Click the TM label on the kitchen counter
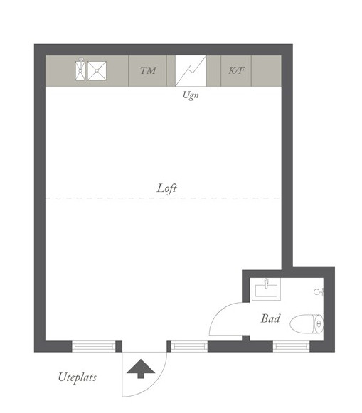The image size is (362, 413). point(148,70)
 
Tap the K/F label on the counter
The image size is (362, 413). point(236,70)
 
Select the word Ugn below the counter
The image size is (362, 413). point(191,95)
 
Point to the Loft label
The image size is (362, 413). point(166,188)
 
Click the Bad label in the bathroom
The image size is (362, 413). point(270,318)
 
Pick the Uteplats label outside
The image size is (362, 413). point(78,377)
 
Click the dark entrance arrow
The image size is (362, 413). point(141,369)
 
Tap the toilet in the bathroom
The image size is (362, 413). point(307,323)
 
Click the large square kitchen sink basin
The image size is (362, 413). point(97,71)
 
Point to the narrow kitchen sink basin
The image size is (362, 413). point(80,70)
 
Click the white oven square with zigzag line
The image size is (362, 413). point(191,70)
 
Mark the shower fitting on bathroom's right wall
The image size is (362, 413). point(319,291)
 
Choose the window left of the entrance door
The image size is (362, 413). point(94,346)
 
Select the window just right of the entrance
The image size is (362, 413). point(189,346)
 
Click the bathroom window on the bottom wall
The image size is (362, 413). point(291,346)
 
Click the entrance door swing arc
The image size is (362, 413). point(156,385)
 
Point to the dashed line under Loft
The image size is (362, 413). point(163,198)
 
